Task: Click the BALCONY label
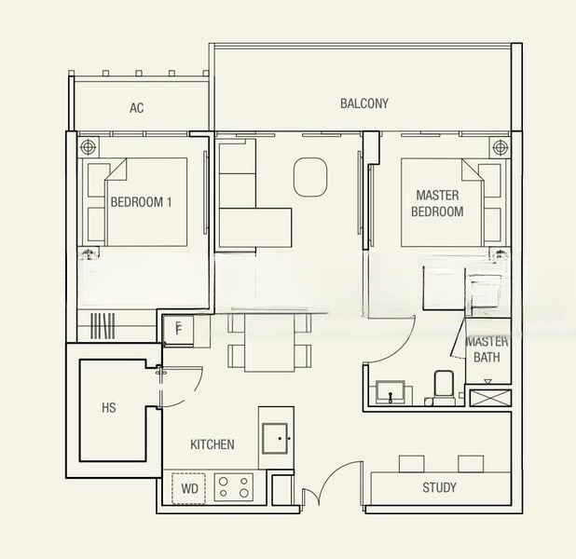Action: coord(363,103)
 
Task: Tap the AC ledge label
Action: coord(137,108)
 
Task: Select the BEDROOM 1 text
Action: coord(141,202)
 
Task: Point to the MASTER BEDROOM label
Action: coord(439,204)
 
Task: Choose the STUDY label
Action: coord(439,487)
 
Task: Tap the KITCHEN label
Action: coord(213,444)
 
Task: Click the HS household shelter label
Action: coord(109,407)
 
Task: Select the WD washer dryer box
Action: coord(189,487)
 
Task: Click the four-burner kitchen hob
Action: coord(233,486)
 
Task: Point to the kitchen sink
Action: coord(277,436)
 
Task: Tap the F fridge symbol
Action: coord(177,327)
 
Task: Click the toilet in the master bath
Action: coord(443,388)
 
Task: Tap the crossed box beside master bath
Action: coord(489,398)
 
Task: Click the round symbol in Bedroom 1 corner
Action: coord(89,146)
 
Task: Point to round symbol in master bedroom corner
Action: coord(500,146)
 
